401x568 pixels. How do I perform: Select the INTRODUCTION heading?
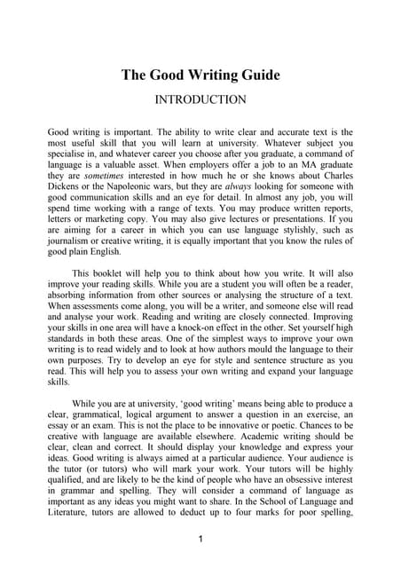pos(200,99)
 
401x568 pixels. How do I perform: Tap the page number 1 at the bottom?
pos(200,539)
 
